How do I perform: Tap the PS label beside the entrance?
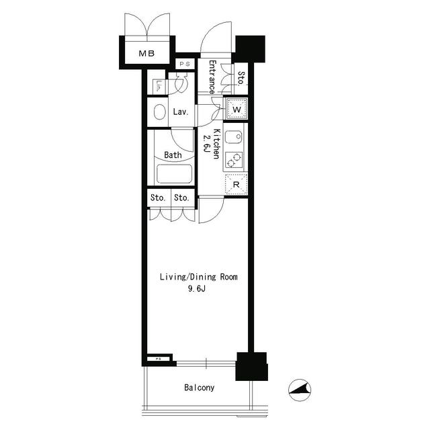point(185,64)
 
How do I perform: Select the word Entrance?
point(211,77)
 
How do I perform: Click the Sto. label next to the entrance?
point(241,79)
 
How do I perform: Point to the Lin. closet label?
point(157,85)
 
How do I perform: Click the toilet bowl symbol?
point(180,83)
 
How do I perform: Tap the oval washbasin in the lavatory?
point(159,112)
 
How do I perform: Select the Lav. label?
point(180,112)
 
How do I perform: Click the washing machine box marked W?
point(236,109)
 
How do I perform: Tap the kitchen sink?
point(233,138)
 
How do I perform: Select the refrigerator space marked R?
point(236,184)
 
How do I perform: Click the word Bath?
point(173,155)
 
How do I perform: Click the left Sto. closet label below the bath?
point(158,198)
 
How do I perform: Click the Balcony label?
point(199,388)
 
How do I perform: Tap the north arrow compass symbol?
point(300,388)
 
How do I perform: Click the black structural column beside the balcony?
point(251,366)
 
